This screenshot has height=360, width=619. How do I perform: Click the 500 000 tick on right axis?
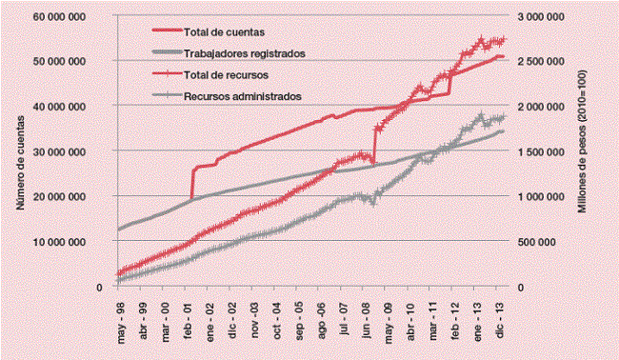point(547,242)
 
